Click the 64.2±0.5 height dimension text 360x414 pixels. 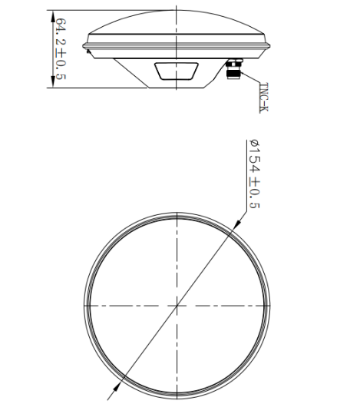click(61, 49)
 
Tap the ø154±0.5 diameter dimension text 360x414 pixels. click(255, 174)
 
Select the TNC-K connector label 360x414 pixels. click(264, 98)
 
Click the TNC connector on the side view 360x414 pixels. click(233, 68)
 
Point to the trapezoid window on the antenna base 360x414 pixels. click(177, 71)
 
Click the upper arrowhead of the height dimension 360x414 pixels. click(53, 16)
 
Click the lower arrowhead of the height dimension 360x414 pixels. click(53, 82)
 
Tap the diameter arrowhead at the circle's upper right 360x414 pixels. click(237, 224)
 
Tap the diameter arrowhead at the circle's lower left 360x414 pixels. click(117, 388)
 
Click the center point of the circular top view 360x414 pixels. click(177, 306)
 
